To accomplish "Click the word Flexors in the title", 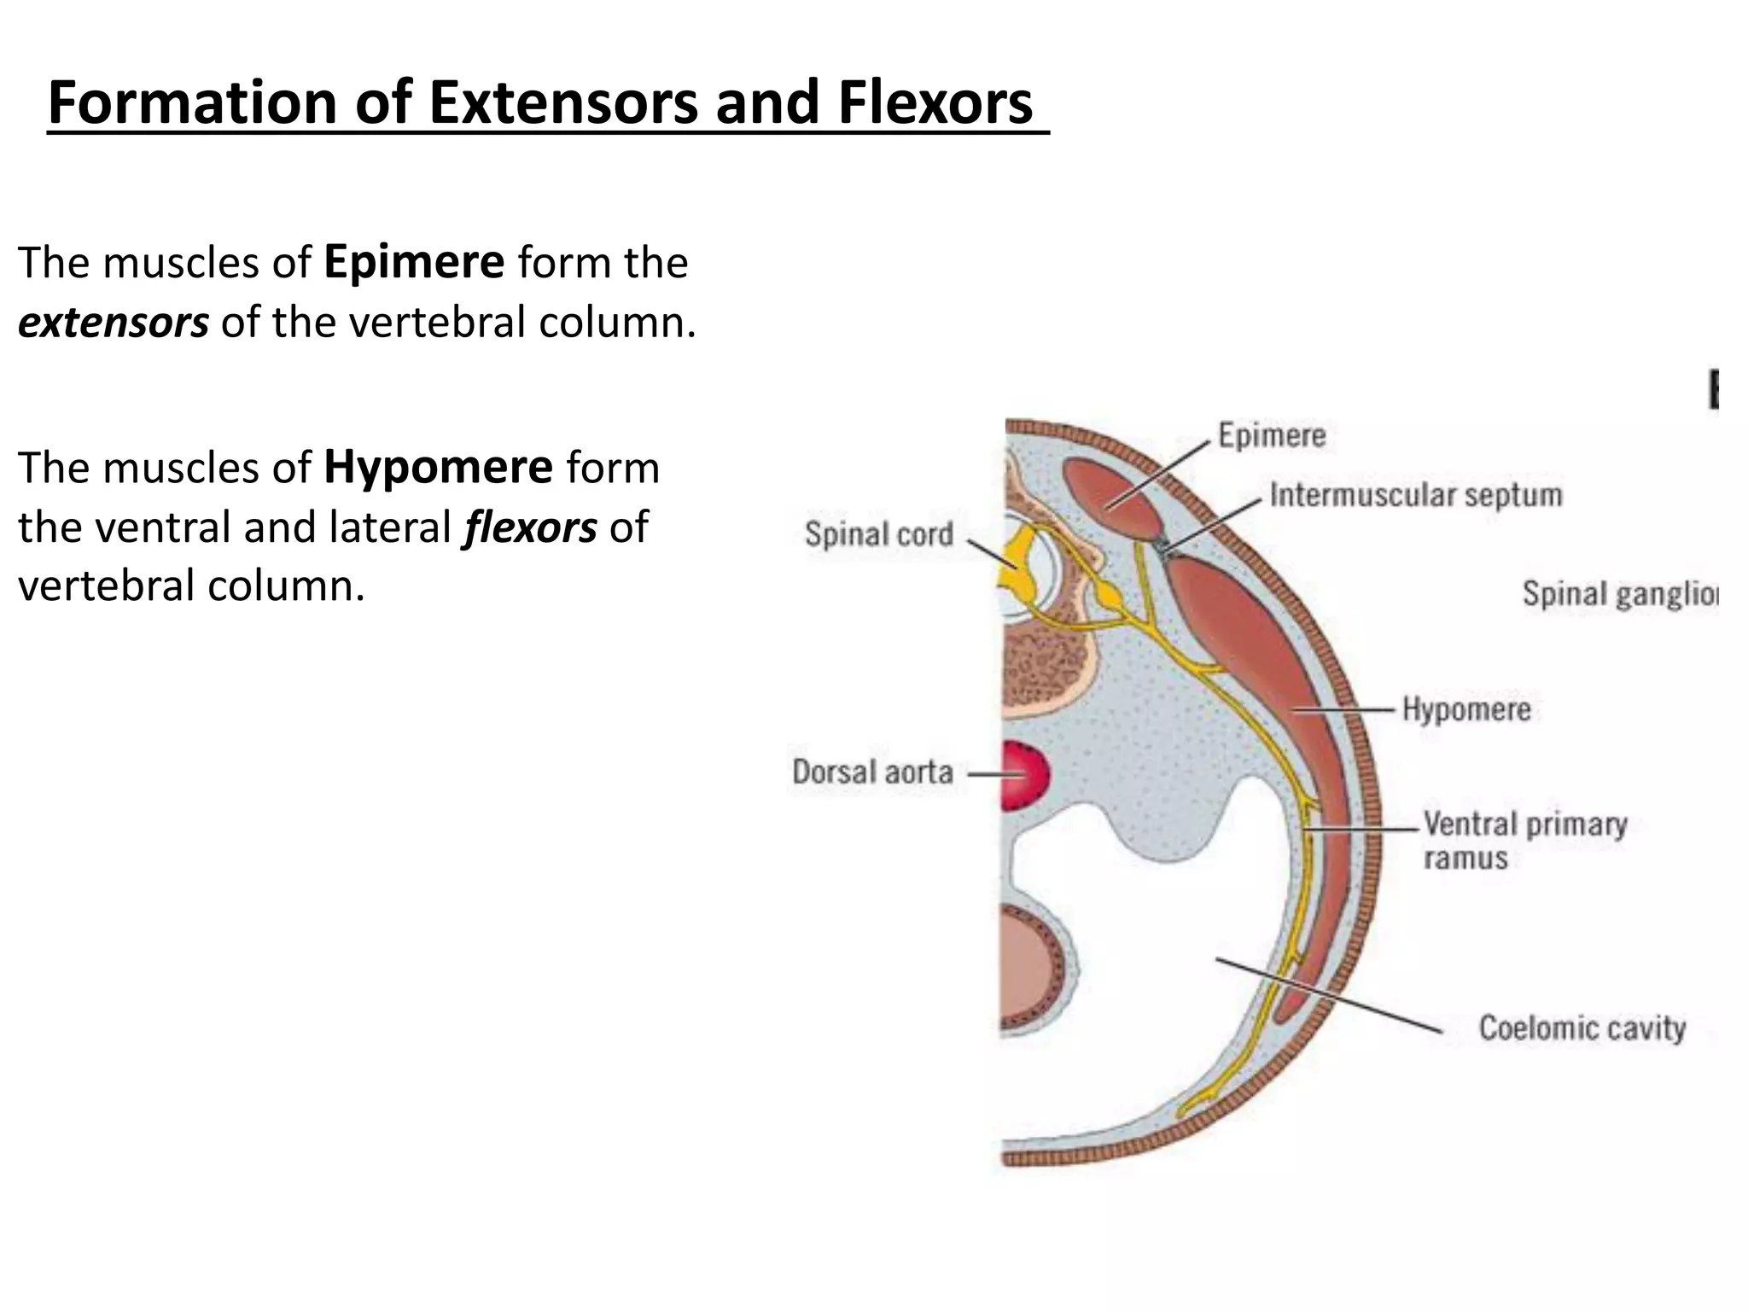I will click(x=935, y=102).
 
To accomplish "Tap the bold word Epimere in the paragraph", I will click(x=414, y=262).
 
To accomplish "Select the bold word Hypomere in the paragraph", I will click(x=438, y=468).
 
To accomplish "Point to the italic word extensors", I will click(x=113, y=323).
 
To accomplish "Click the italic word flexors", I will click(x=529, y=527).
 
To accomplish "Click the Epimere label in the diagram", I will click(x=1271, y=435).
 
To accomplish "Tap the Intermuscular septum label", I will click(x=1415, y=495).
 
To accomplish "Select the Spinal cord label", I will click(x=878, y=534).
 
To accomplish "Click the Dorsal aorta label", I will click(x=872, y=772).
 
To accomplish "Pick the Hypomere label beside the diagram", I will click(x=1465, y=709).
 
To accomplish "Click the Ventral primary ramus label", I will click(x=1524, y=840).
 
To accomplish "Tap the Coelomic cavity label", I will click(x=1582, y=1028).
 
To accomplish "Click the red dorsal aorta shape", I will click(x=1024, y=775).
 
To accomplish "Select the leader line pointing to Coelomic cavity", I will click(x=1328, y=995).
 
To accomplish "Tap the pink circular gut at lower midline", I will click(x=1028, y=964).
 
